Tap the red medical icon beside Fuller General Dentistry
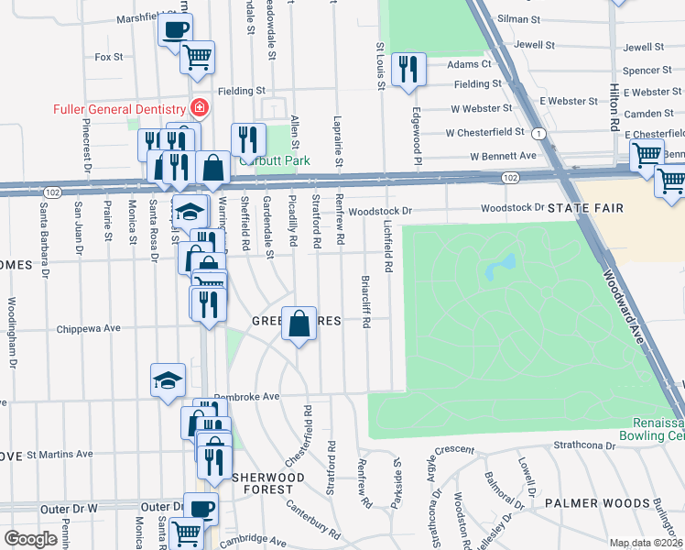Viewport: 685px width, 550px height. tap(199, 109)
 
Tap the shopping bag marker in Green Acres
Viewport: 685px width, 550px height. tap(299, 324)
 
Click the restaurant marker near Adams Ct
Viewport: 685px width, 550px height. tap(407, 70)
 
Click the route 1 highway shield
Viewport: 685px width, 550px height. tap(540, 135)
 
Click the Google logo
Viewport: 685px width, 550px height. tap(30, 539)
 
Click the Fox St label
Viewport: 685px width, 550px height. tap(109, 57)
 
